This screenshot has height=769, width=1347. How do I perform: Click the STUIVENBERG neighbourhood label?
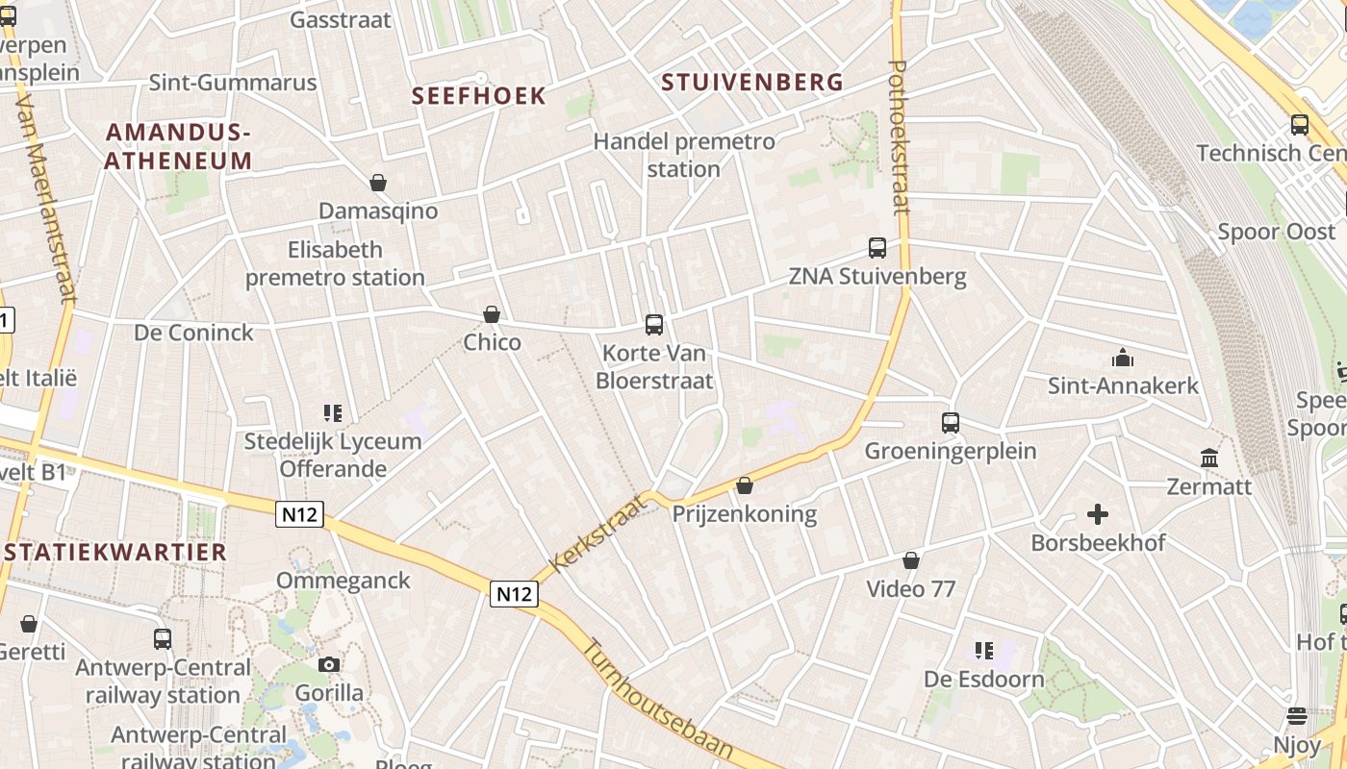[752, 83]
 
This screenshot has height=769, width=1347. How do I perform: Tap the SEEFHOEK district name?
[478, 96]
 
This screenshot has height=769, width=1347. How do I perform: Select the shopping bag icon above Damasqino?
[378, 183]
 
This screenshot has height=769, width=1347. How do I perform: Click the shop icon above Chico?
[492, 314]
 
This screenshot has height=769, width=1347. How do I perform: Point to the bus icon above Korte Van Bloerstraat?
[654, 325]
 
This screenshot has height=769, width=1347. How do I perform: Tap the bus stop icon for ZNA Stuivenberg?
[877, 248]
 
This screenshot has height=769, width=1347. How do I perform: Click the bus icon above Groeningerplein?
[951, 423]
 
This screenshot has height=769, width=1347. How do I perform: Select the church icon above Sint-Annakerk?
[1123, 359]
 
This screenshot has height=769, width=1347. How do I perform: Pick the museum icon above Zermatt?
[1209, 459]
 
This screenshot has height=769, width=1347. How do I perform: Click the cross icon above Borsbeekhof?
[1098, 514]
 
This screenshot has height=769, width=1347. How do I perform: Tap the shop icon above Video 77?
[911, 560]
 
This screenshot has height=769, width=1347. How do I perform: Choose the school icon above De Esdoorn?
[983, 651]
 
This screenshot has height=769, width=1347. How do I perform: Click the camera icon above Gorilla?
[329, 664]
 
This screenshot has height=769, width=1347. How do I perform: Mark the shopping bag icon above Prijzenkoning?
[744, 485]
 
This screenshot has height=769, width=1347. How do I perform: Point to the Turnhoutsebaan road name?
[658, 702]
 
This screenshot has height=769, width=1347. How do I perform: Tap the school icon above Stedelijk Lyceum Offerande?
[333, 413]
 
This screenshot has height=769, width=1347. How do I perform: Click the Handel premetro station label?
[683, 155]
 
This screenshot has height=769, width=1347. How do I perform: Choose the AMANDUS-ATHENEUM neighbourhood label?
[178, 146]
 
